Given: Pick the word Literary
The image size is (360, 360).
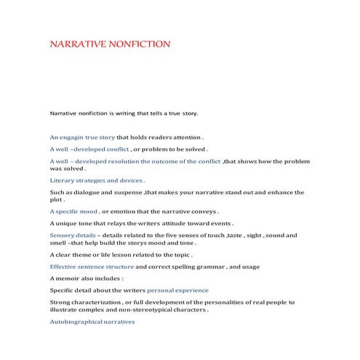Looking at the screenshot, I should point(63,179).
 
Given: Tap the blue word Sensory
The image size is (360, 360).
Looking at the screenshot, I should point(64,236).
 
